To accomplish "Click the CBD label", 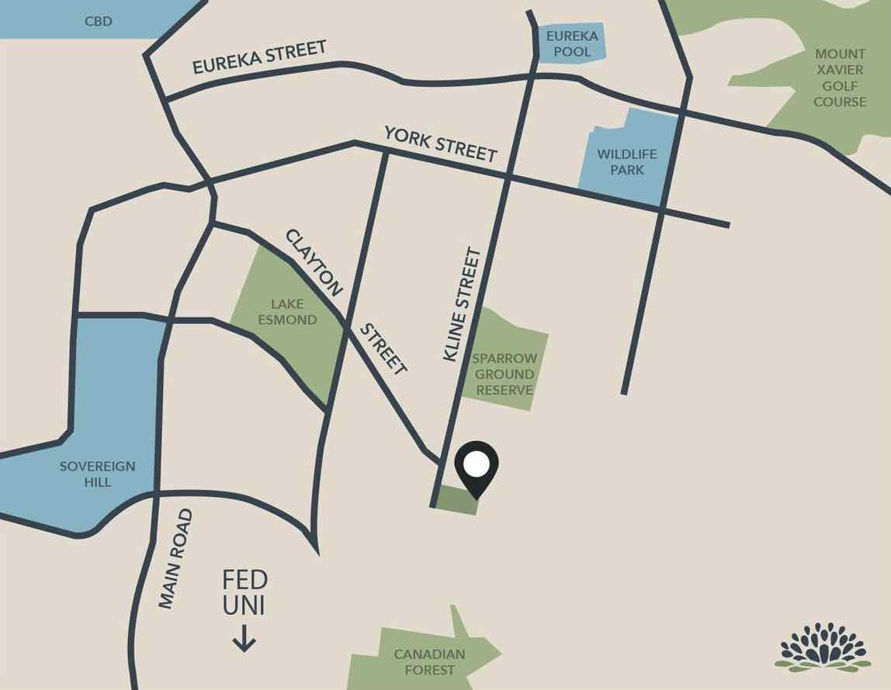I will coord(98,21).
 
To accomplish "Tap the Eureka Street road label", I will coord(259,58).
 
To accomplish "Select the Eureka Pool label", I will coord(572,43).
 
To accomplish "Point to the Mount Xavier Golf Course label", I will coord(840,78).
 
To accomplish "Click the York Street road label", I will coord(440,143).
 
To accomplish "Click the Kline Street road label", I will coord(462,304).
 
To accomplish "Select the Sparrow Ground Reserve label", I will coord(505,374).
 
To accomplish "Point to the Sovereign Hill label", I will coord(97,474).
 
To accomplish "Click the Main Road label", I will coord(175,558).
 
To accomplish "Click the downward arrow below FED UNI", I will coord(244,640).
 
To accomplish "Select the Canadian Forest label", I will coord(429,661).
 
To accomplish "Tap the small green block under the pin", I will coord(456,499).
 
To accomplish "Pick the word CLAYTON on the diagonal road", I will coord(314,263).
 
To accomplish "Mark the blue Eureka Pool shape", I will coord(572,43).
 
